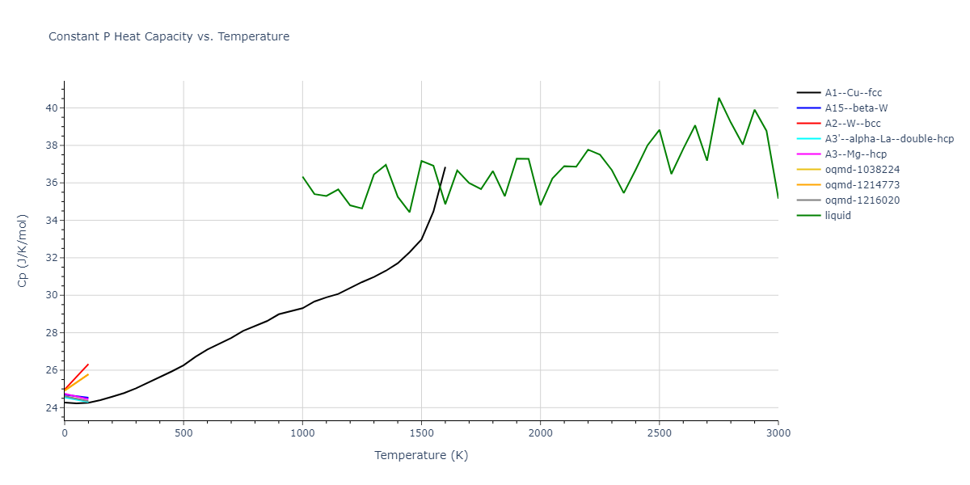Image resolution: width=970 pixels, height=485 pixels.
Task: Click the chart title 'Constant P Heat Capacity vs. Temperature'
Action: [x=169, y=36]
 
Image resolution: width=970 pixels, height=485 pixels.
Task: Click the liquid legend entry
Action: [x=837, y=216]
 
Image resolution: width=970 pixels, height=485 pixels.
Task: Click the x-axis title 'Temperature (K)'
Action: [x=421, y=455]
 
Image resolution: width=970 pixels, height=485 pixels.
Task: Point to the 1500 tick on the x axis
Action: [x=421, y=433]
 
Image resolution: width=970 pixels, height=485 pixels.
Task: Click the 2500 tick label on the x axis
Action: [x=659, y=433]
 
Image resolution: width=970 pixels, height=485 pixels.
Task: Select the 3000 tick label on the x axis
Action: [x=778, y=433]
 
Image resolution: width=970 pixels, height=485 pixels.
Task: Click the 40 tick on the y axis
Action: [x=50, y=108]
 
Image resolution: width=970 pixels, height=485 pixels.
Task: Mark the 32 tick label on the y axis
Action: [x=50, y=258]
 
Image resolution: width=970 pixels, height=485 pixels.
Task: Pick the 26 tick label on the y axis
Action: [x=50, y=370]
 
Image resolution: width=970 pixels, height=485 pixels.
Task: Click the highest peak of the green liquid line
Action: [x=719, y=98]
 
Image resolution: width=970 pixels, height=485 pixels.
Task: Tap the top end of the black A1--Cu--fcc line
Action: [x=445, y=167]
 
